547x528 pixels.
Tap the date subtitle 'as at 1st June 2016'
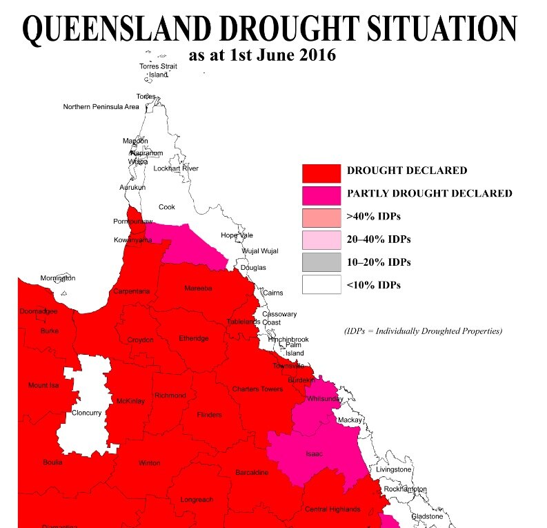coord(262,55)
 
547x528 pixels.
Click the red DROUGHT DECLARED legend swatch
coord(321,172)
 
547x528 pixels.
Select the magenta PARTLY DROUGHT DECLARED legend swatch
coord(321,194)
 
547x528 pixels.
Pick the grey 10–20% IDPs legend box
coord(321,262)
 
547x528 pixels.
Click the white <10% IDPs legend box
coord(321,284)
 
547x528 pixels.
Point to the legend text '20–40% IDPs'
coord(379,239)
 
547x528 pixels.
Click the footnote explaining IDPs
coord(423,331)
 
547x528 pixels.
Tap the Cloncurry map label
coord(87,413)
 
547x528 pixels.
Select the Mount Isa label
coord(43,385)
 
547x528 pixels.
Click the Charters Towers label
coord(257,389)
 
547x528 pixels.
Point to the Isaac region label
coord(314,453)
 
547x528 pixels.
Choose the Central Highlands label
coord(332,509)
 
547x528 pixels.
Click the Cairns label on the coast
coord(273,293)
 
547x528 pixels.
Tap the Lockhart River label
coord(176,168)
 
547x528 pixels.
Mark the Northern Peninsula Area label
coord(101,107)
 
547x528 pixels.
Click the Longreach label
coord(197,499)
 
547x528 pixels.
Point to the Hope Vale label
coord(237,235)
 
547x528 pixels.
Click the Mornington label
coord(57,278)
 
